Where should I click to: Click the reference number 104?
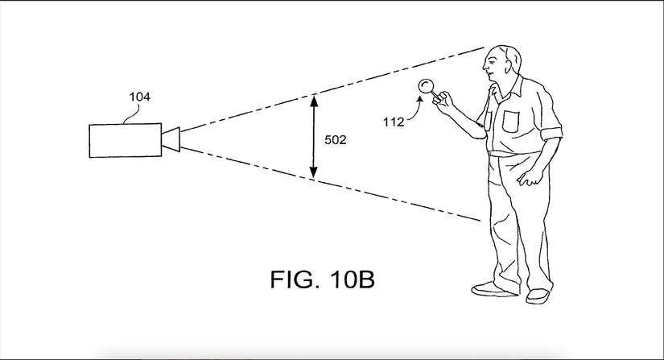pos(139,97)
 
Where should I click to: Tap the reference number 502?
pos(335,139)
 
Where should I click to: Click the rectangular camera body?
pos(125,141)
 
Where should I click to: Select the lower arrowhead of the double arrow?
pos(314,174)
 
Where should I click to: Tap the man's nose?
pos(485,63)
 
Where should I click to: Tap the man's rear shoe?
pos(539,296)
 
